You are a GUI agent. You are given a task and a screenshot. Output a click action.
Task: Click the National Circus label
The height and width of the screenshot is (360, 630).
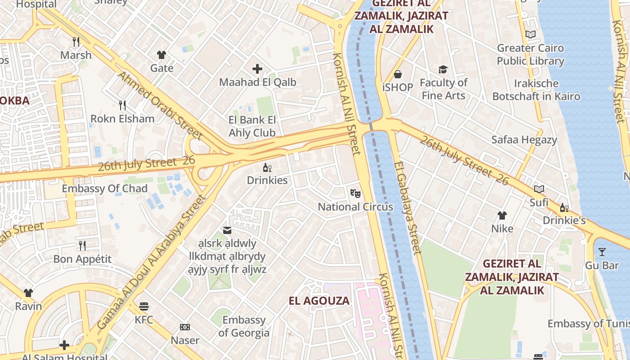pos(355,207)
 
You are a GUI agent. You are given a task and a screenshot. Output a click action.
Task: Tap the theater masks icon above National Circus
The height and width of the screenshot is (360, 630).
pos(355,193)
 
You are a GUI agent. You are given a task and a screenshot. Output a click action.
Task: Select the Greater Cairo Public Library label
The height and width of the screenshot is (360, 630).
pos(531,54)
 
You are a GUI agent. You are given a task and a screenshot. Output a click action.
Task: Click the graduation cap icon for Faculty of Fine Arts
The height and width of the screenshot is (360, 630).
pos(443,69)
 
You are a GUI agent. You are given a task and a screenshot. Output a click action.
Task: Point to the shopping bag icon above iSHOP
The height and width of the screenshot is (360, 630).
pos(398,74)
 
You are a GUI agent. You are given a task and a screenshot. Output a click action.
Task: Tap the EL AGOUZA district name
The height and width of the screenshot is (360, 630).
pos(319,301)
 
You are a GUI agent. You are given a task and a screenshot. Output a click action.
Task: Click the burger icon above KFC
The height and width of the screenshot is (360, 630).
pos(144,306)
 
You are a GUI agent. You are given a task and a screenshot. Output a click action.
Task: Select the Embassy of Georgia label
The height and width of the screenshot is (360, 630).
pos(244,327)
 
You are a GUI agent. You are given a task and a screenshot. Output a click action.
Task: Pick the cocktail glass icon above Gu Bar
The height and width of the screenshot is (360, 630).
pos(602,252)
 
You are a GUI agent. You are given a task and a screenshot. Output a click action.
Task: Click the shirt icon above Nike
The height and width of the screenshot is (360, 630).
pos(502,216)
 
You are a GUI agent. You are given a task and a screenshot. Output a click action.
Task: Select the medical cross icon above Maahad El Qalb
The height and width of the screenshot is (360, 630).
pos(257,69)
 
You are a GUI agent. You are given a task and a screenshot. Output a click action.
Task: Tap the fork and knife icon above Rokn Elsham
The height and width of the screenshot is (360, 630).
pos(122,105)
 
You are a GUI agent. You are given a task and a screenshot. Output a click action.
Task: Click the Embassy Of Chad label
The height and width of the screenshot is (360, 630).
pos(104,189)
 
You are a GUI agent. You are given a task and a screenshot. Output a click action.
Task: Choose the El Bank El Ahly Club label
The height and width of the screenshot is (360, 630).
pos(252,126)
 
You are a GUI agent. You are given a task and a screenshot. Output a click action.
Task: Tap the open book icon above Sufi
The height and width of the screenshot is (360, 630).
pos(539,189)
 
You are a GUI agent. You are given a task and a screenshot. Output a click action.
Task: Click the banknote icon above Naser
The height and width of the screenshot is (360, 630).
pos(185,327)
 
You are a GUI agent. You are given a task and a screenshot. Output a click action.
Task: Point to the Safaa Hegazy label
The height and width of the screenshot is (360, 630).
pos(524,139)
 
